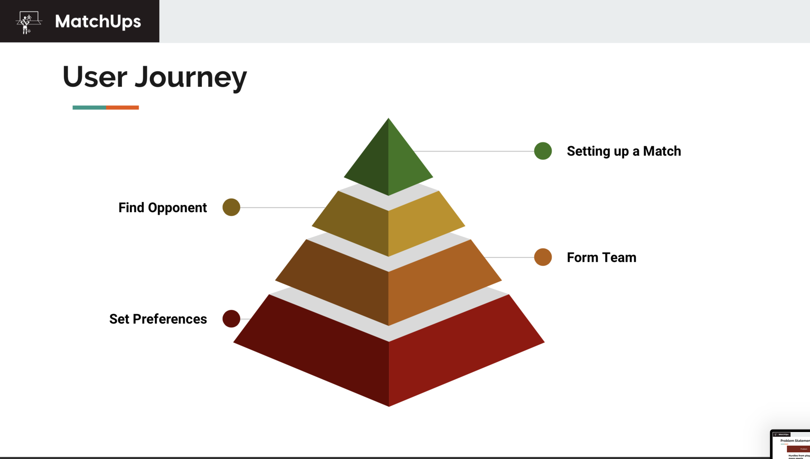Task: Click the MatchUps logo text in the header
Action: (x=98, y=22)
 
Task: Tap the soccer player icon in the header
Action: (x=28, y=22)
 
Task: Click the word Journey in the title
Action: (x=191, y=77)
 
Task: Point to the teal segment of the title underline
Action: (x=89, y=108)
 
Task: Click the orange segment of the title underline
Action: (x=122, y=108)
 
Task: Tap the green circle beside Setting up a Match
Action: (x=543, y=151)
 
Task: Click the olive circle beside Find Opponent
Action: (x=231, y=207)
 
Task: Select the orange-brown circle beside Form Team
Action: (x=543, y=257)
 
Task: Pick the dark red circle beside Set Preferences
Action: (x=231, y=319)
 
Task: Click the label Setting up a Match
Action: (x=624, y=151)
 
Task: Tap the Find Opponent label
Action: (x=162, y=208)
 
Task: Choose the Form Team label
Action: (x=601, y=257)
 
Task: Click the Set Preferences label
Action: (x=158, y=319)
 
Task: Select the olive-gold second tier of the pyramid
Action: (x=389, y=225)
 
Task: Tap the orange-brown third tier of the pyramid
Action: (x=389, y=286)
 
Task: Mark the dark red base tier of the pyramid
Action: (x=389, y=365)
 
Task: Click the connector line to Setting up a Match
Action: (x=476, y=151)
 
